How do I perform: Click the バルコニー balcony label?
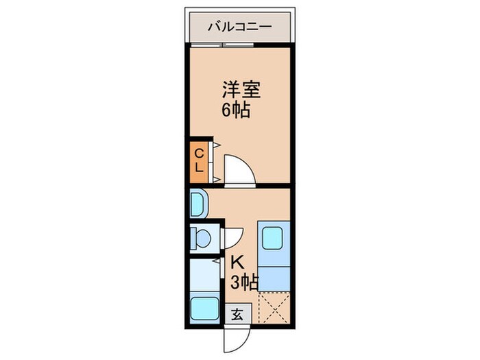point(239,27)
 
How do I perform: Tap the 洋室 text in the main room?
point(240,90)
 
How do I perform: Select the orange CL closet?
point(197,160)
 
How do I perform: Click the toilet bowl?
point(203,237)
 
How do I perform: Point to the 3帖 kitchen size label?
point(243,282)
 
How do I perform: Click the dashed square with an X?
point(274,307)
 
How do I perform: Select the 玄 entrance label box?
point(237,314)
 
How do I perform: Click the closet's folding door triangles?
point(215,162)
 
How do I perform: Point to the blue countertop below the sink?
point(274,274)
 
